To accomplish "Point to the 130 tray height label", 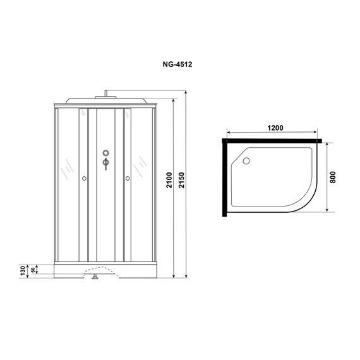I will [x=22, y=270].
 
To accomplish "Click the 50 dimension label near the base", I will [x=33, y=270].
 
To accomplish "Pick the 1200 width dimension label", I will [x=274, y=128].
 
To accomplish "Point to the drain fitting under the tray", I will [x=96, y=275].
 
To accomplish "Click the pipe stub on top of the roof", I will [x=105, y=94].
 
